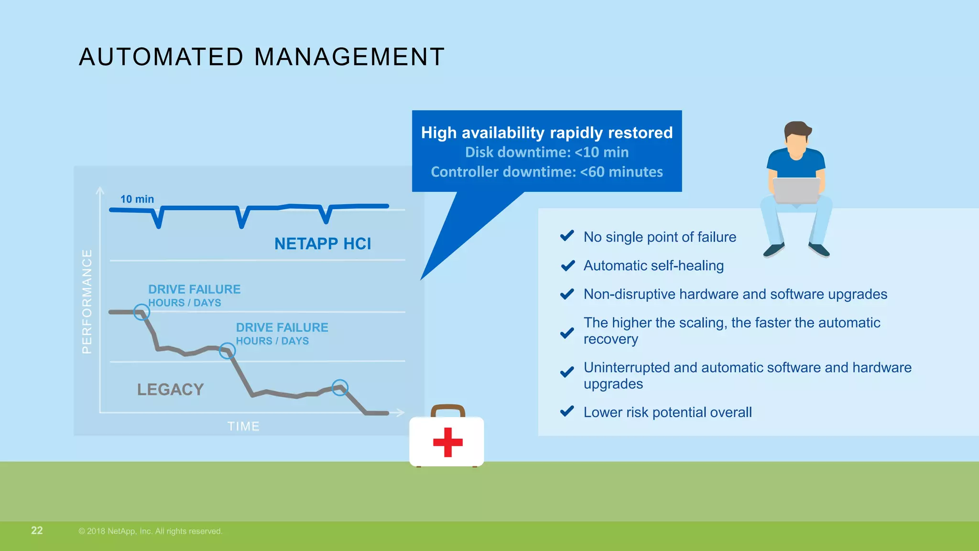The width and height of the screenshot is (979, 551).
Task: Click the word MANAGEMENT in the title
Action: [x=349, y=57]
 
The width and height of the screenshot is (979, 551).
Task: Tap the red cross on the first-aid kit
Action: [x=447, y=442]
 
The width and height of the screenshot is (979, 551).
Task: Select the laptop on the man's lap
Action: [x=796, y=190]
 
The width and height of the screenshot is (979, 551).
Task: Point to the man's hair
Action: [x=797, y=129]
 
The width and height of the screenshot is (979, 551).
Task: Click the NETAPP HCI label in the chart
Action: [x=323, y=244]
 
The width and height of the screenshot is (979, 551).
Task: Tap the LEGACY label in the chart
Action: [x=171, y=389]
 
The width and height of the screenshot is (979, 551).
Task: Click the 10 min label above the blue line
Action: [x=137, y=199]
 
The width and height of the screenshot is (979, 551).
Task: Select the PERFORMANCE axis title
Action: [x=87, y=301]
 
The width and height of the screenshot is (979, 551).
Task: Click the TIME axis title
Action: [x=243, y=426]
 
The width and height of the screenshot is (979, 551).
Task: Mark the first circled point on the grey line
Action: [x=141, y=312]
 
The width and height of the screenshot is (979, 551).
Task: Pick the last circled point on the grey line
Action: [x=340, y=387]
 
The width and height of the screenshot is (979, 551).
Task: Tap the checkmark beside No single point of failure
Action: [x=567, y=236]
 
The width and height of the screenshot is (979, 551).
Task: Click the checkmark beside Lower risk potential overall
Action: [x=567, y=411]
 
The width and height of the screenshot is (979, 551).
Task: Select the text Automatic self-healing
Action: [x=653, y=265]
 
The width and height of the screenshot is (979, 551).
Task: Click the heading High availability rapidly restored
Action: [x=547, y=132]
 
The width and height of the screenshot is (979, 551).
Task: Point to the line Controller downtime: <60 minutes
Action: [x=547, y=172]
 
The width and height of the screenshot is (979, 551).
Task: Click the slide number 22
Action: [x=37, y=530]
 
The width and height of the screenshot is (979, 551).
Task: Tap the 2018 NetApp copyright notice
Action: [x=151, y=531]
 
